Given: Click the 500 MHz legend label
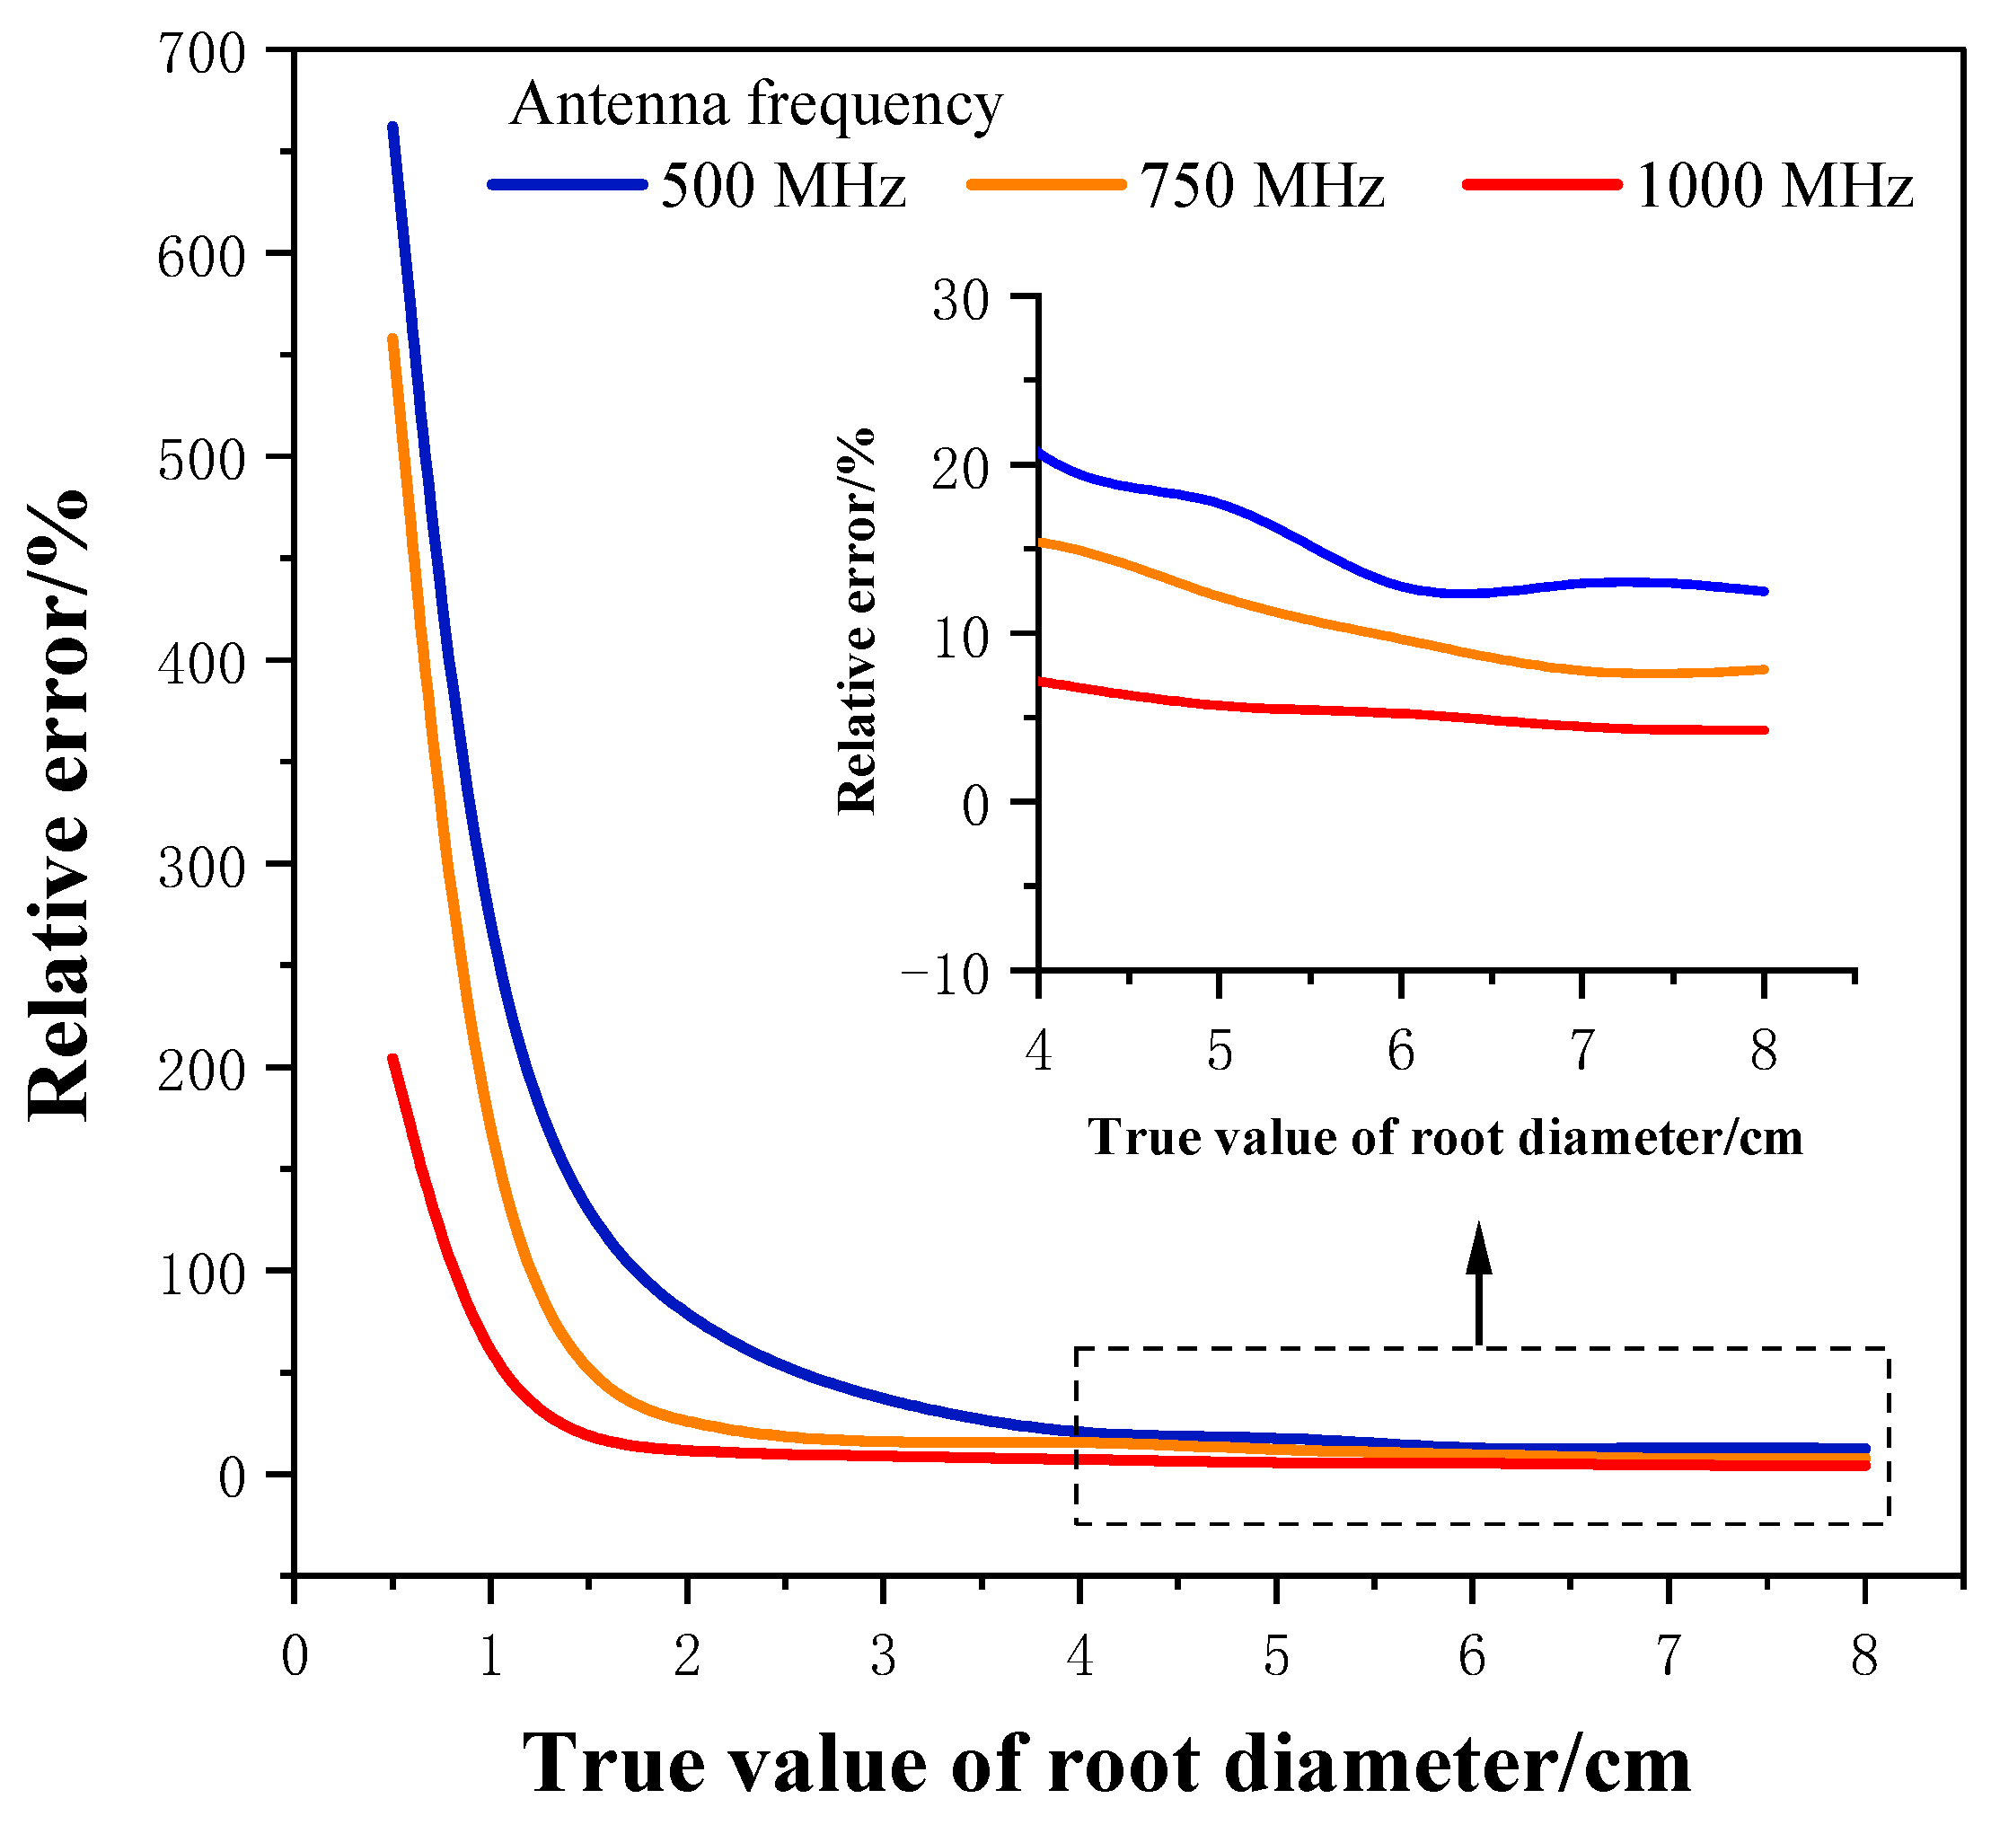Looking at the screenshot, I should click(783, 185).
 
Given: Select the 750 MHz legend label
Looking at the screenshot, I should click(1262, 185).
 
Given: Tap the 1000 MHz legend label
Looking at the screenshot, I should click(1775, 185).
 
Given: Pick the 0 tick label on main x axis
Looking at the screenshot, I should click(295, 1655).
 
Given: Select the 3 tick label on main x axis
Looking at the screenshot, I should click(884, 1655).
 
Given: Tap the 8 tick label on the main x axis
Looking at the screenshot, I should click(1864, 1655).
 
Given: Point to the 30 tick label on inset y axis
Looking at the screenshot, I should click(960, 300).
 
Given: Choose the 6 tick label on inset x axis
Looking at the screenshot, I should click(1400, 1050).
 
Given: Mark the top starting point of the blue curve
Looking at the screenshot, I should click(392, 128).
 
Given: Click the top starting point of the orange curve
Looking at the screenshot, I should click(392, 339).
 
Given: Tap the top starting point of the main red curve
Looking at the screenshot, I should click(392, 1059).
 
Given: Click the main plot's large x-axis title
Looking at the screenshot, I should click(1106, 1766).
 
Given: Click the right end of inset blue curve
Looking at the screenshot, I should click(1764, 591).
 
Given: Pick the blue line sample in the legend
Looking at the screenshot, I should click(567, 185).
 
